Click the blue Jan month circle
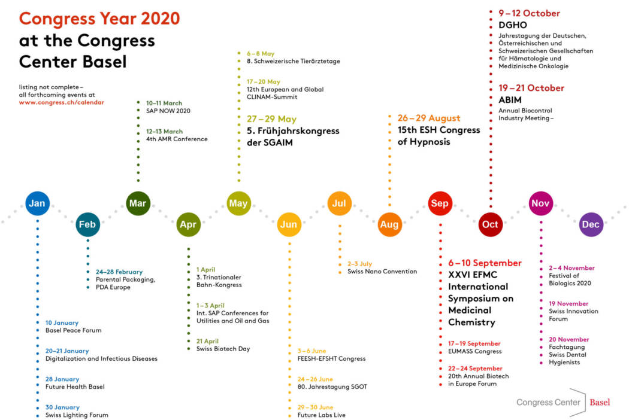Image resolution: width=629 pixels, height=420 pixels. click(x=37, y=203)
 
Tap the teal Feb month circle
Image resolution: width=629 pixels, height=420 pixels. click(x=88, y=225)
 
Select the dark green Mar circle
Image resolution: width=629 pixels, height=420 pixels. click(x=138, y=203)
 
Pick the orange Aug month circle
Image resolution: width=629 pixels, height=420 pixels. click(x=389, y=225)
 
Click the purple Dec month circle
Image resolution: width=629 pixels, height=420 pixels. click(x=591, y=225)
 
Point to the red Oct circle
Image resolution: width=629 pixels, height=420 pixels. click(x=490, y=225)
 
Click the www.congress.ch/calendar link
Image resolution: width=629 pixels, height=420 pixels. click(x=62, y=102)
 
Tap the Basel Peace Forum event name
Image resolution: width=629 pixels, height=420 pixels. click(x=73, y=330)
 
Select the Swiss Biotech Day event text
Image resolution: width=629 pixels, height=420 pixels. click(x=223, y=349)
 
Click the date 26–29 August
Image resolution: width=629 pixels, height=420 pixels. click(x=429, y=118)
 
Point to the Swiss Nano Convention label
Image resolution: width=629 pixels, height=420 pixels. click(x=382, y=272)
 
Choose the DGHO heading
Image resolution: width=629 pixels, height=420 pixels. click(x=512, y=25)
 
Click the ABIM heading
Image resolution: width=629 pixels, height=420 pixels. click(x=510, y=100)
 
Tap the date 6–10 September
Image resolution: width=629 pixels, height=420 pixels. click(x=485, y=263)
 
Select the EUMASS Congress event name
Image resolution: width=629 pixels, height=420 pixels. click(x=474, y=352)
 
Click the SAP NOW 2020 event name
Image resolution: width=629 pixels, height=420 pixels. click(x=168, y=111)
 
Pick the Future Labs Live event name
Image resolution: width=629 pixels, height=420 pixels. click(x=321, y=415)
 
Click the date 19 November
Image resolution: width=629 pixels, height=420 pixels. click(x=568, y=304)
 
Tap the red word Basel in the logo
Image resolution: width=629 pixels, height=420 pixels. click(x=600, y=403)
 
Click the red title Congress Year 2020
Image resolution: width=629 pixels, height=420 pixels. click(x=99, y=19)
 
